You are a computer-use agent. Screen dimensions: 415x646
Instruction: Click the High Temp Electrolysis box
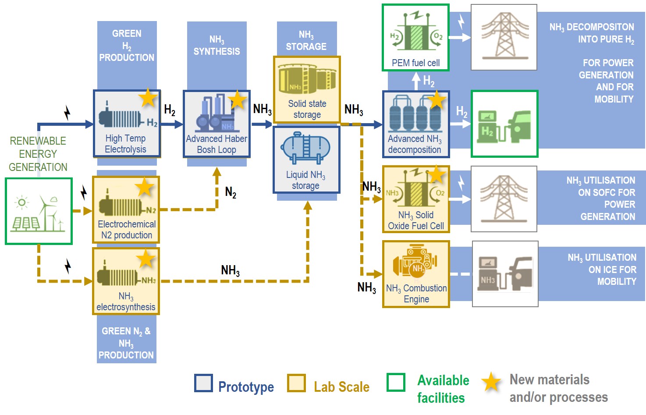(127, 124)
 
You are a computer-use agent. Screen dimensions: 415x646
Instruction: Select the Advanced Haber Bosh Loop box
(217, 124)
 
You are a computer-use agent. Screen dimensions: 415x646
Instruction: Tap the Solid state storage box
(307, 89)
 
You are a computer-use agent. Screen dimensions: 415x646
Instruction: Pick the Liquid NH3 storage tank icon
(305, 149)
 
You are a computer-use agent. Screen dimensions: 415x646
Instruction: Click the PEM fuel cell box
(415, 37)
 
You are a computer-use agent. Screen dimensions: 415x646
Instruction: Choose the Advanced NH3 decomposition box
(415, 124)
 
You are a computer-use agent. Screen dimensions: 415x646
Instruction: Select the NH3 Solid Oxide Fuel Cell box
(415, 199)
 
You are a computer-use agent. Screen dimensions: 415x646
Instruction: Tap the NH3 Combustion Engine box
(415, 274)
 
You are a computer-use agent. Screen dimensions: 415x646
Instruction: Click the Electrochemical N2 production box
(126, 209)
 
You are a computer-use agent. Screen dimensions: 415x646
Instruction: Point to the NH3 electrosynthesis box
(126, 281)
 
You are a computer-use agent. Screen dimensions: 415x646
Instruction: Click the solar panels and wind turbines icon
(39, 211)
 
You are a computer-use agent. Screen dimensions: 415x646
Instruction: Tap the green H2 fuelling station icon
(504, 124)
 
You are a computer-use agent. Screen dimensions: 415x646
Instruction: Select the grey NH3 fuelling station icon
(505, 274)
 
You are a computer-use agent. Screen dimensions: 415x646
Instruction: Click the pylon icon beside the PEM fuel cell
(504, 37)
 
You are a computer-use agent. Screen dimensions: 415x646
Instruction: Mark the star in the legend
(491, 382)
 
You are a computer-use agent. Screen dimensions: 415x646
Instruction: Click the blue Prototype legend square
(203, 383)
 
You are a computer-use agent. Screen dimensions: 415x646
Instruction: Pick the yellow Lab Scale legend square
(296, 383)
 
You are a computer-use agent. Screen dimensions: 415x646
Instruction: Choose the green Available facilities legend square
(396, 382)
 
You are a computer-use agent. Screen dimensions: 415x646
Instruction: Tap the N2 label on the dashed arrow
(231, 192)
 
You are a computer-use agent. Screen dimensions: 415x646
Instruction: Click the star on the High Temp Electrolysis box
(148, 98)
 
